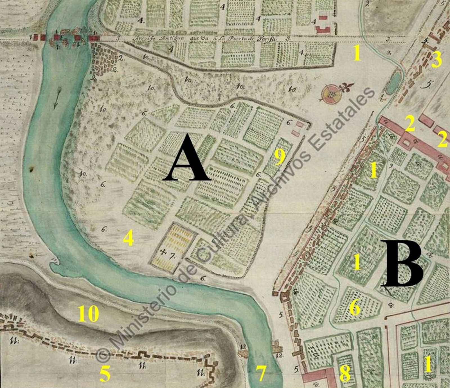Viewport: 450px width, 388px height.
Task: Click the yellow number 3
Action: (x=436, y=60)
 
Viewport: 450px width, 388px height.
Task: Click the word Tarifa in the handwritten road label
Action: (x=264, y=39)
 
